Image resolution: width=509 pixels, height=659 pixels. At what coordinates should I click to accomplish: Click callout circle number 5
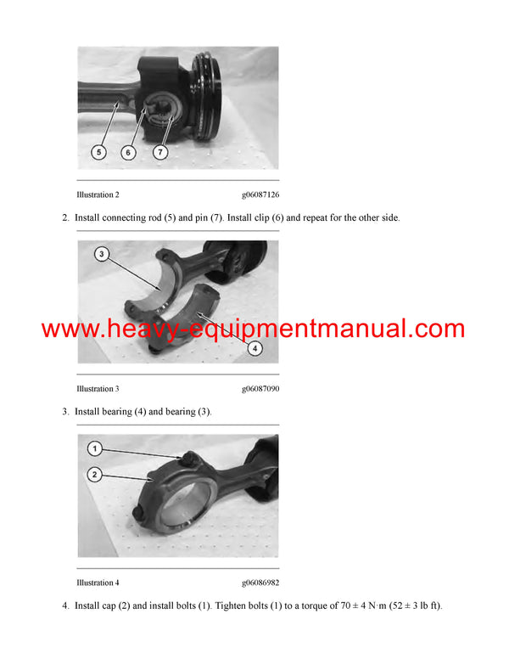98,153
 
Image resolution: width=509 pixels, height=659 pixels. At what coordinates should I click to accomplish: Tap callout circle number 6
128,153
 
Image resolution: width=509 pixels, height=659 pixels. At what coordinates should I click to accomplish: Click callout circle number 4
255,348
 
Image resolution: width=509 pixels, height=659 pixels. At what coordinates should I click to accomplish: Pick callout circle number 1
96,448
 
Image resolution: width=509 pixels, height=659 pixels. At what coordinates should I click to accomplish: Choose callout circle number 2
96,474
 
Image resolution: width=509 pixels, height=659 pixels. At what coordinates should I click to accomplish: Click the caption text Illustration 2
98,195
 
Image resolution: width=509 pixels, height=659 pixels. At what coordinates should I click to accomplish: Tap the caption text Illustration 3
98,389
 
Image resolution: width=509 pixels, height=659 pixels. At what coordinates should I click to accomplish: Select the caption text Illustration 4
98,583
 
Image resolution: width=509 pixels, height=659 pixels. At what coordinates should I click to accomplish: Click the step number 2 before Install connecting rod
65,218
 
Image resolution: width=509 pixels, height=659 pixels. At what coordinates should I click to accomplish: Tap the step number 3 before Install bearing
65,412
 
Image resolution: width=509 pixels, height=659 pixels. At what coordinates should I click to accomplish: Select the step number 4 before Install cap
65,605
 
